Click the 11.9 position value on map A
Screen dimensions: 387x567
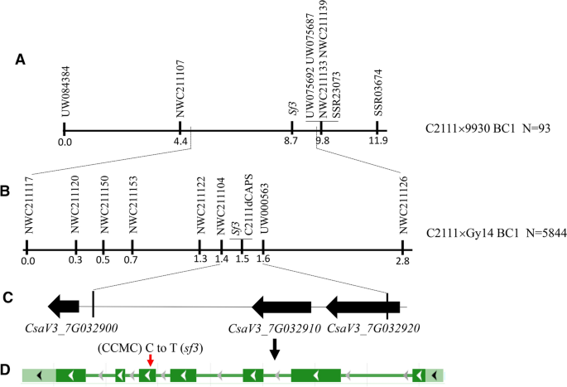click(378, 141)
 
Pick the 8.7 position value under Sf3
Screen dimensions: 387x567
click(291, 141)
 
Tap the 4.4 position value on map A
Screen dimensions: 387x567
click(180, 141)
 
